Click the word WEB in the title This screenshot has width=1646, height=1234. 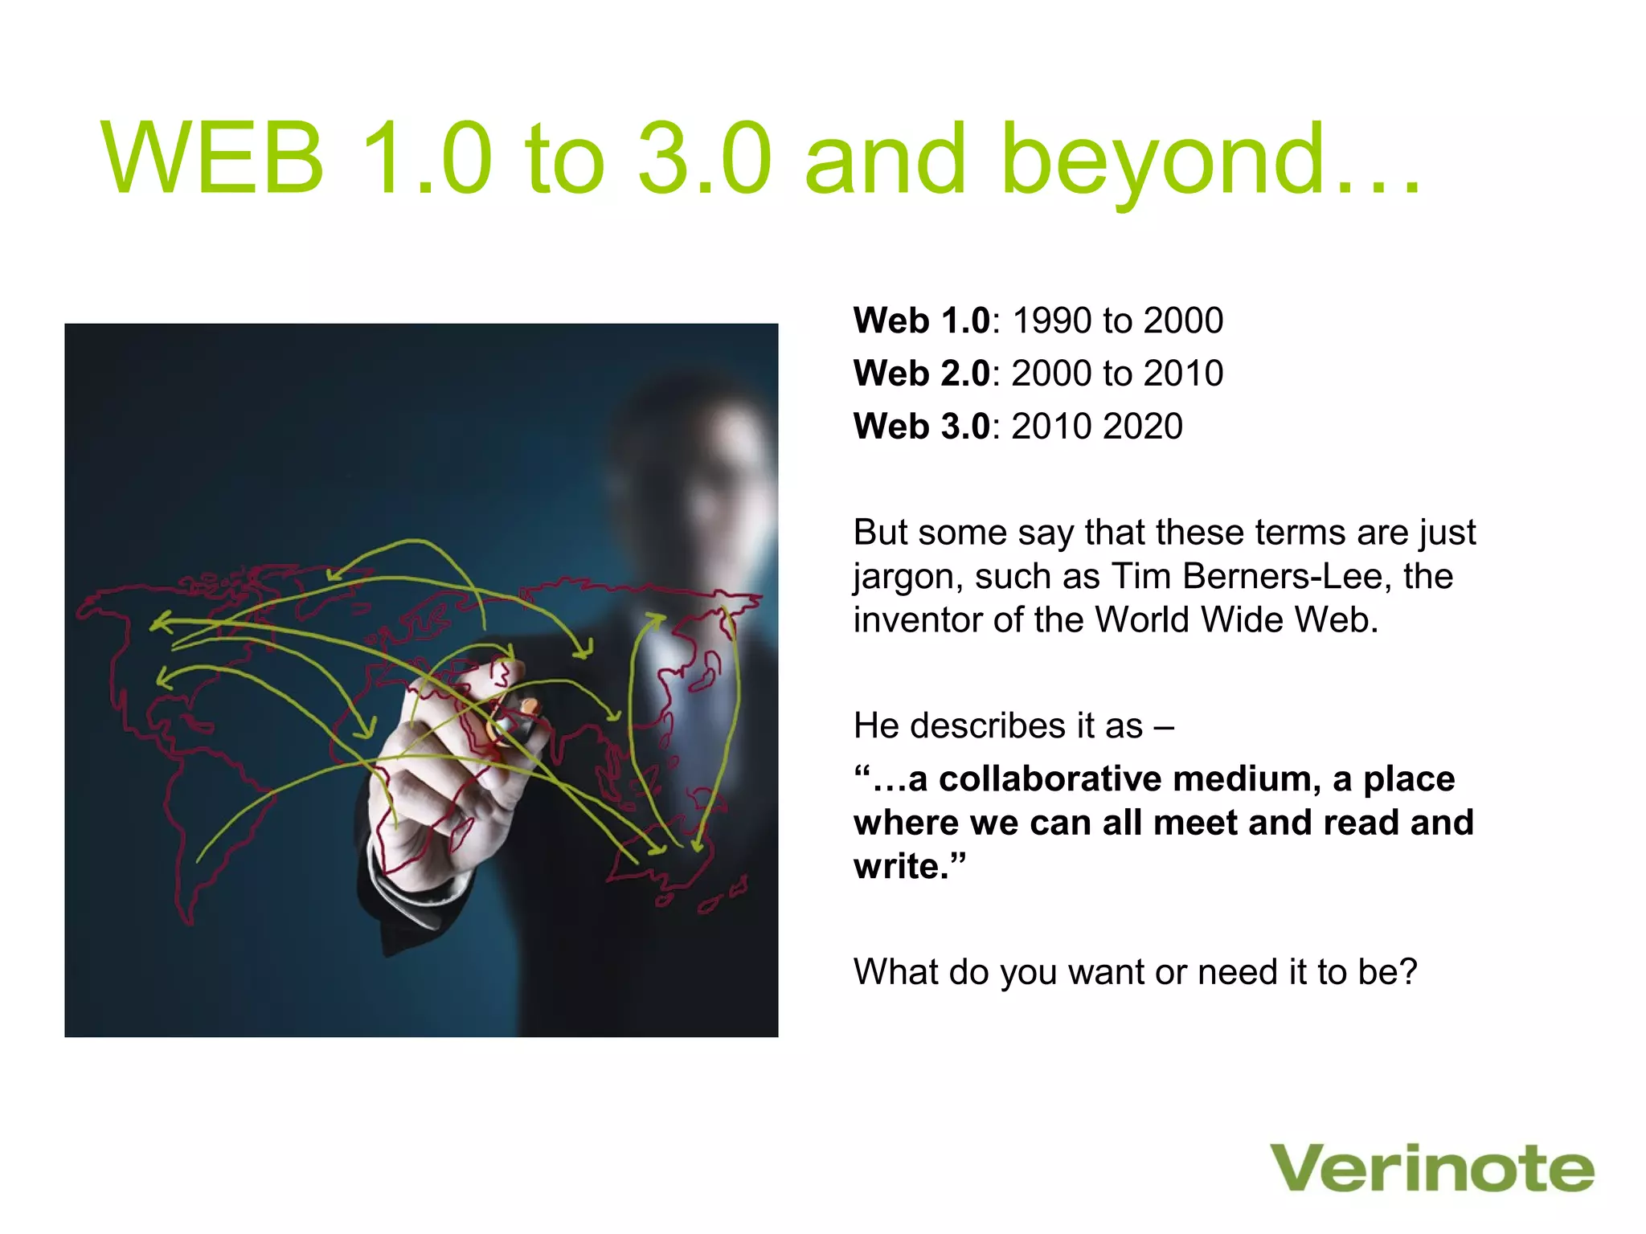[x=213, y=158]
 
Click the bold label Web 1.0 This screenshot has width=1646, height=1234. [x=921, y=321]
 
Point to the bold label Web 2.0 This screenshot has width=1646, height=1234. [x=921, y=374]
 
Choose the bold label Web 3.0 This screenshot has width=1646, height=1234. [x=921, y=427]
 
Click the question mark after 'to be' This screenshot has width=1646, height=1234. [x=1407, y=972]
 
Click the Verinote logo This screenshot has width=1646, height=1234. [x=1431, y=1168]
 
